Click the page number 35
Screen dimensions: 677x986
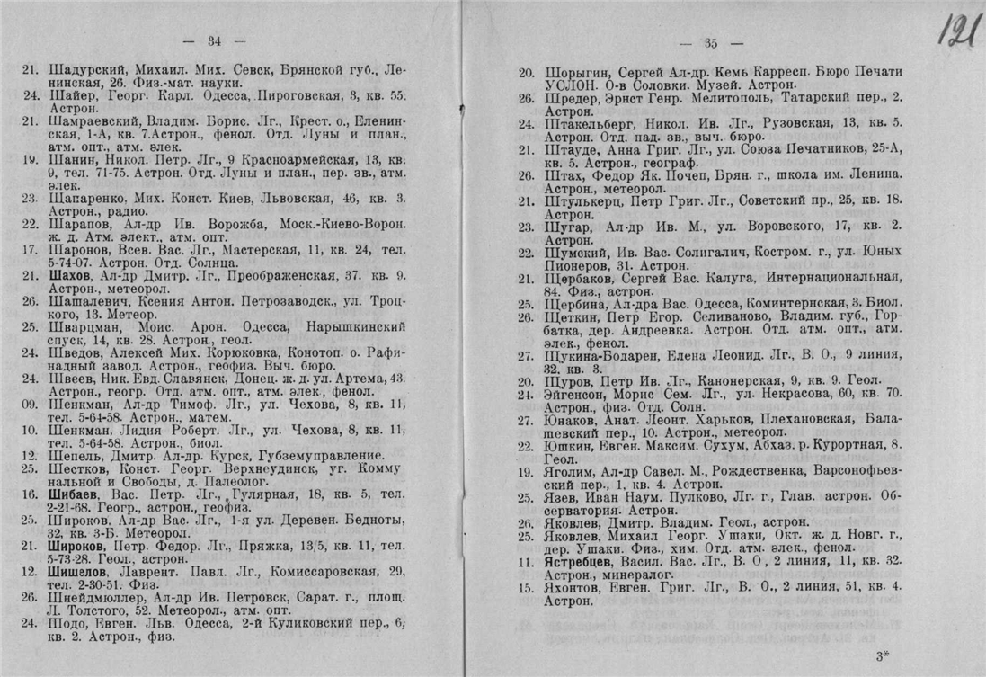710,43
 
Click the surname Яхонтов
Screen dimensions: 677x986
575,589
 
